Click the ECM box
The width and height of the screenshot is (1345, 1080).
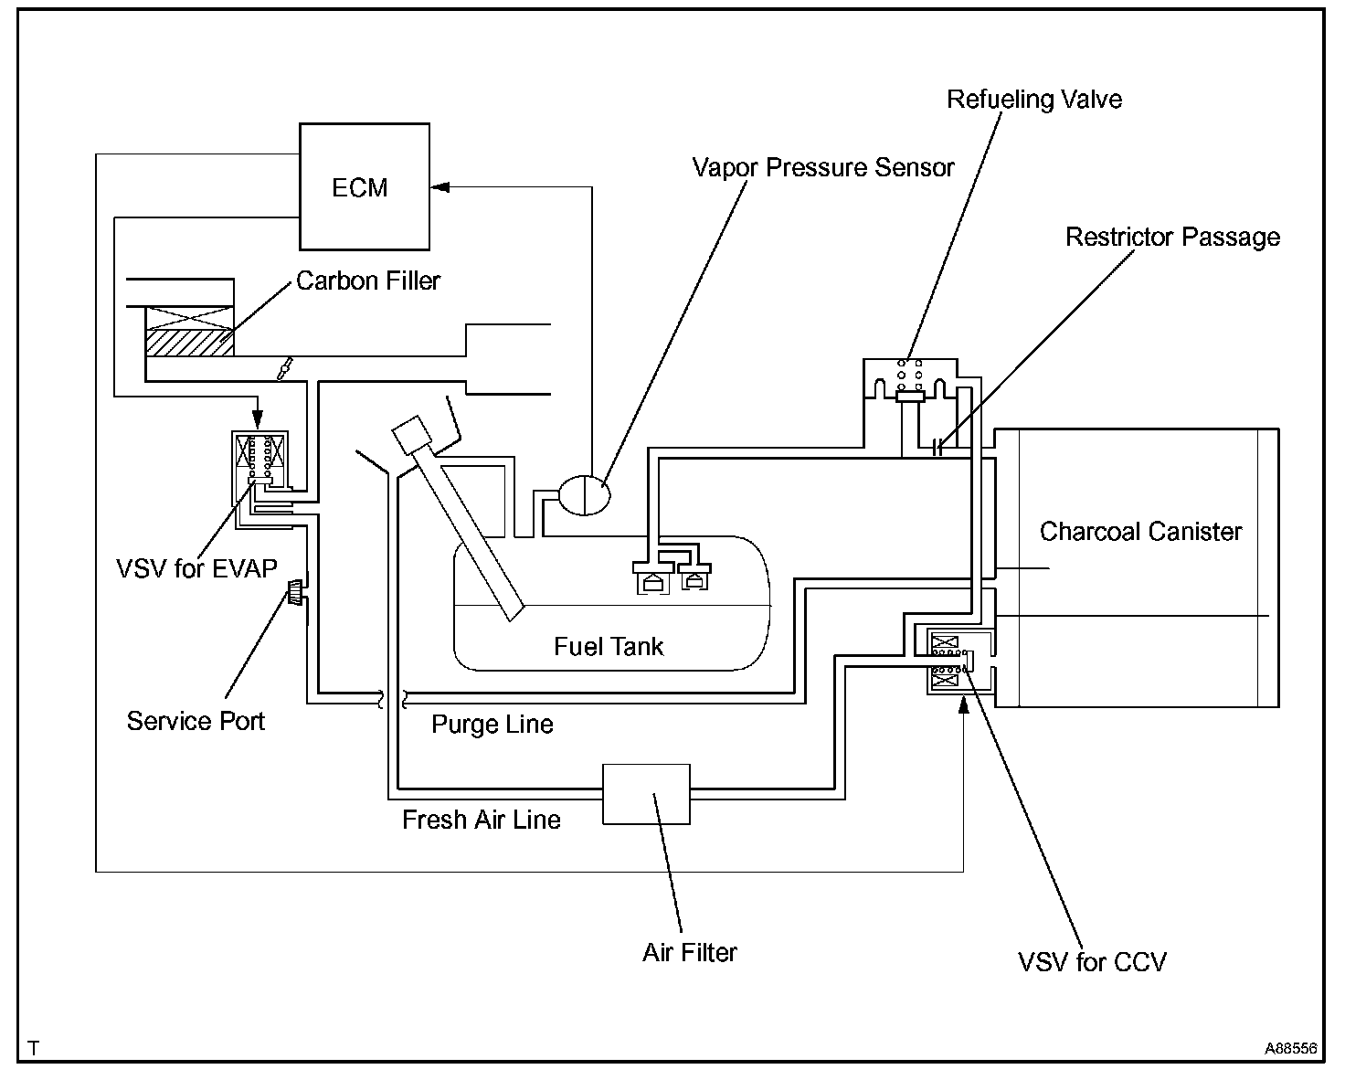pos(365,187)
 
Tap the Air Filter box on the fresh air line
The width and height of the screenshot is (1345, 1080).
pos(646,794)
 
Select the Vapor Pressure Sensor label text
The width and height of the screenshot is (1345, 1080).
pos(822,168)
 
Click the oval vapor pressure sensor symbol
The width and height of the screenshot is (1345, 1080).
pos(584,495)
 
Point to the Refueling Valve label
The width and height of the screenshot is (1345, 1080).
pos(1033,100)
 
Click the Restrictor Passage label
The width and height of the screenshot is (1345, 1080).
pos(1172,238)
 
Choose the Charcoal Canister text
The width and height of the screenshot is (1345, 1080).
pos(1140,532)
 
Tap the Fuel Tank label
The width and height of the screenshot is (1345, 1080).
pos(609,647)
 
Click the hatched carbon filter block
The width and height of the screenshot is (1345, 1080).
pos(189,342)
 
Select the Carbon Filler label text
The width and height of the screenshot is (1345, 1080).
pos(368,281)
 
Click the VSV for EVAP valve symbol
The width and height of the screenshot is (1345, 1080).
pos(261,467)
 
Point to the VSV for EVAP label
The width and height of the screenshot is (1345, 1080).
pos(196,568)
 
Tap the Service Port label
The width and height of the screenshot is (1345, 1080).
pos(196,721)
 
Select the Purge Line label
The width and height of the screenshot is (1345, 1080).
pos(492,725)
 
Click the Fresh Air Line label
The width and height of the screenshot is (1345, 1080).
pos(481,820)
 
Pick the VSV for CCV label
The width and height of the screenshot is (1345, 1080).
pos(1092,961)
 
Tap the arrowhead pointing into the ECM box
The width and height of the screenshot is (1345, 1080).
pos(440,187)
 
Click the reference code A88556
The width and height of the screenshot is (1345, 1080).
pos(1290,1049)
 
